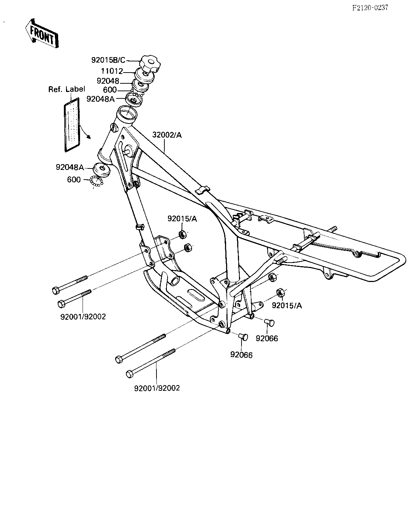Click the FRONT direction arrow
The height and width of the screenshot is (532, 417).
42,33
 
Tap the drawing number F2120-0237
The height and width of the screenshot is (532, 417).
370,8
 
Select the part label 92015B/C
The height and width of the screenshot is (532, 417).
108,60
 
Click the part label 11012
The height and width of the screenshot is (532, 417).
112,71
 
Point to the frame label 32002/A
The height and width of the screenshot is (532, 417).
167,135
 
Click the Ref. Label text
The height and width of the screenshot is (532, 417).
66,89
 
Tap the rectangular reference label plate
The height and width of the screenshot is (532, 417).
72,125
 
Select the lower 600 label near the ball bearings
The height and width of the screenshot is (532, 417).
74,180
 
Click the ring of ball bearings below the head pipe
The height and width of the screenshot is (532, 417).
97,181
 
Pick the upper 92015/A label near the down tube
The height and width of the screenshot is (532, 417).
182,219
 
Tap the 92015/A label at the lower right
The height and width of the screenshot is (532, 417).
287,306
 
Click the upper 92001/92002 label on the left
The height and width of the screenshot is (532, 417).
83,317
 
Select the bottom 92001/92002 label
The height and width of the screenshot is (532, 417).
157,388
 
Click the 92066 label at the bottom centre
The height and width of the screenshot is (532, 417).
242,355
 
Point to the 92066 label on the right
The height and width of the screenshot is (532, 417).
267,338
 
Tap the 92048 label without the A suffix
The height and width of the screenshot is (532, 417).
108,81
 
